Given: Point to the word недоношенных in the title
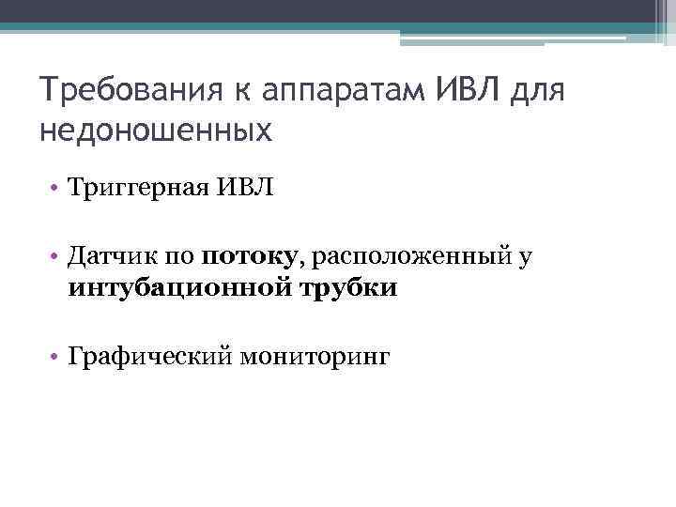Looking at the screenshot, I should (156, 131).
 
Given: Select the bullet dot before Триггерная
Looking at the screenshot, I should (56, 191).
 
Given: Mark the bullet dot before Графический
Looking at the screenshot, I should (56, 357).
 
